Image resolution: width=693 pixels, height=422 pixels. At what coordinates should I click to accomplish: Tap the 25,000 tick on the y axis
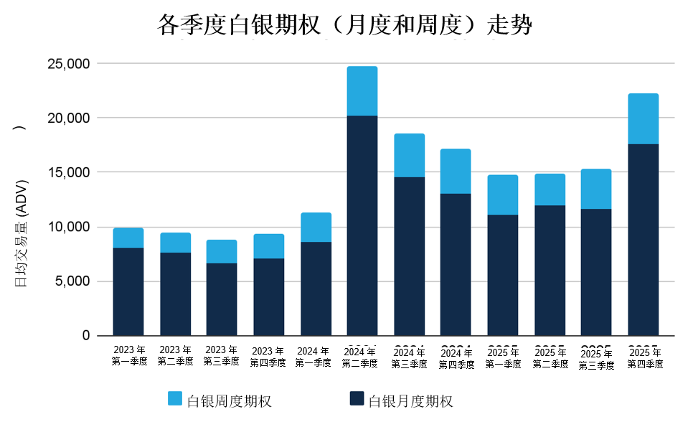click(x=69, y=64)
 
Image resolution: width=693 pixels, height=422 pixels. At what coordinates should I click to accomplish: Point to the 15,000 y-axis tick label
click(x=69, y=172)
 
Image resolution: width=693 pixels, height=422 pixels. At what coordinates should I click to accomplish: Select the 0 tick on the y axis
click(x=86, y=335)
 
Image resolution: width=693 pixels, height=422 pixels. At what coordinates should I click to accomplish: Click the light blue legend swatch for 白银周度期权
click(x=175, y=399)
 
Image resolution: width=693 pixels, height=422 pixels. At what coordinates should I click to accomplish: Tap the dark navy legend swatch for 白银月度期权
click(x=357, y=399)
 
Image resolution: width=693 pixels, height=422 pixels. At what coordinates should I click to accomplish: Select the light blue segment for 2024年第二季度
click(x=362, y=91)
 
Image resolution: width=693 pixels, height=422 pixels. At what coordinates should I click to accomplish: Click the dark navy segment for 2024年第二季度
click(x=362, y=225)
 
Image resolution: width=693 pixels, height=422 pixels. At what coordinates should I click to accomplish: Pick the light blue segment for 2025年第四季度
click(x=643, y=119)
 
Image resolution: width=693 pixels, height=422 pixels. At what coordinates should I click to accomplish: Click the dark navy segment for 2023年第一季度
click(x=128, y=291)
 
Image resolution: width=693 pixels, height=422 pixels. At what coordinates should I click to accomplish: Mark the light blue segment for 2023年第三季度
click(x=222, y=251)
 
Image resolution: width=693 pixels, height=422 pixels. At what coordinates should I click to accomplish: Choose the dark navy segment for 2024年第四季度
click(x=456, y=264)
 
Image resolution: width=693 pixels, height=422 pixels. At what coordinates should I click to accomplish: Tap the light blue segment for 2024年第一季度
click(x=316, y=228)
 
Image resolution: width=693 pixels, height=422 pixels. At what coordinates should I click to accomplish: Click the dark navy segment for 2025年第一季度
click(x=502, y=275)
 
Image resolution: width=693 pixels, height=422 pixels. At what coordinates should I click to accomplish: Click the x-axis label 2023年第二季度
click(x=175, y=356)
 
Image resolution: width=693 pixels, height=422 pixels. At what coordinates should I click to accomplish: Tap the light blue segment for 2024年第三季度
click(x=409, y=155)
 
